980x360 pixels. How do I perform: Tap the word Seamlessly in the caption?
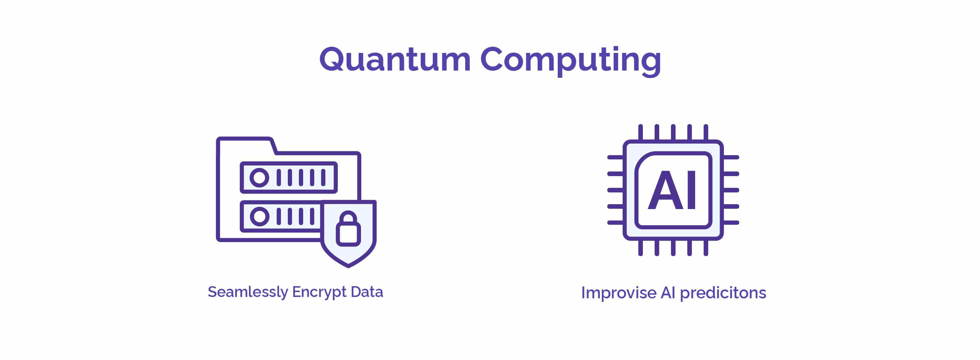click(248, 292)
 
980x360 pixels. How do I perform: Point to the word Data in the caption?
click(367, 292)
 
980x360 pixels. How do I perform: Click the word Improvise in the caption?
click(619, 293)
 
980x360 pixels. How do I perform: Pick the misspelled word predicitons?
click(723, 293)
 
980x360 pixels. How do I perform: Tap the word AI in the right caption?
click(668, 293)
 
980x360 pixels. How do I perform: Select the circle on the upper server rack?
click(259, 177)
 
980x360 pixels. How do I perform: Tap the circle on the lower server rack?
click(259, 217)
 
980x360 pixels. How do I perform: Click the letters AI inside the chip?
click(673, 190)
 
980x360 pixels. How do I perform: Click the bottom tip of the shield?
click(348, 267)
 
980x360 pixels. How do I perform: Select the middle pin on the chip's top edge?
click(673, 132)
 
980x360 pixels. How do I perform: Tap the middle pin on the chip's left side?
click(615, 190)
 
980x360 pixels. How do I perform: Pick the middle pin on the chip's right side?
click(731, 190)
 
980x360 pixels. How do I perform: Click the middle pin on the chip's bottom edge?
click(673, 248)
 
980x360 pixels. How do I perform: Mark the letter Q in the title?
click(332, 59)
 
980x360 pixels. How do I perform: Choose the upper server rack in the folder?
click(289, 177)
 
